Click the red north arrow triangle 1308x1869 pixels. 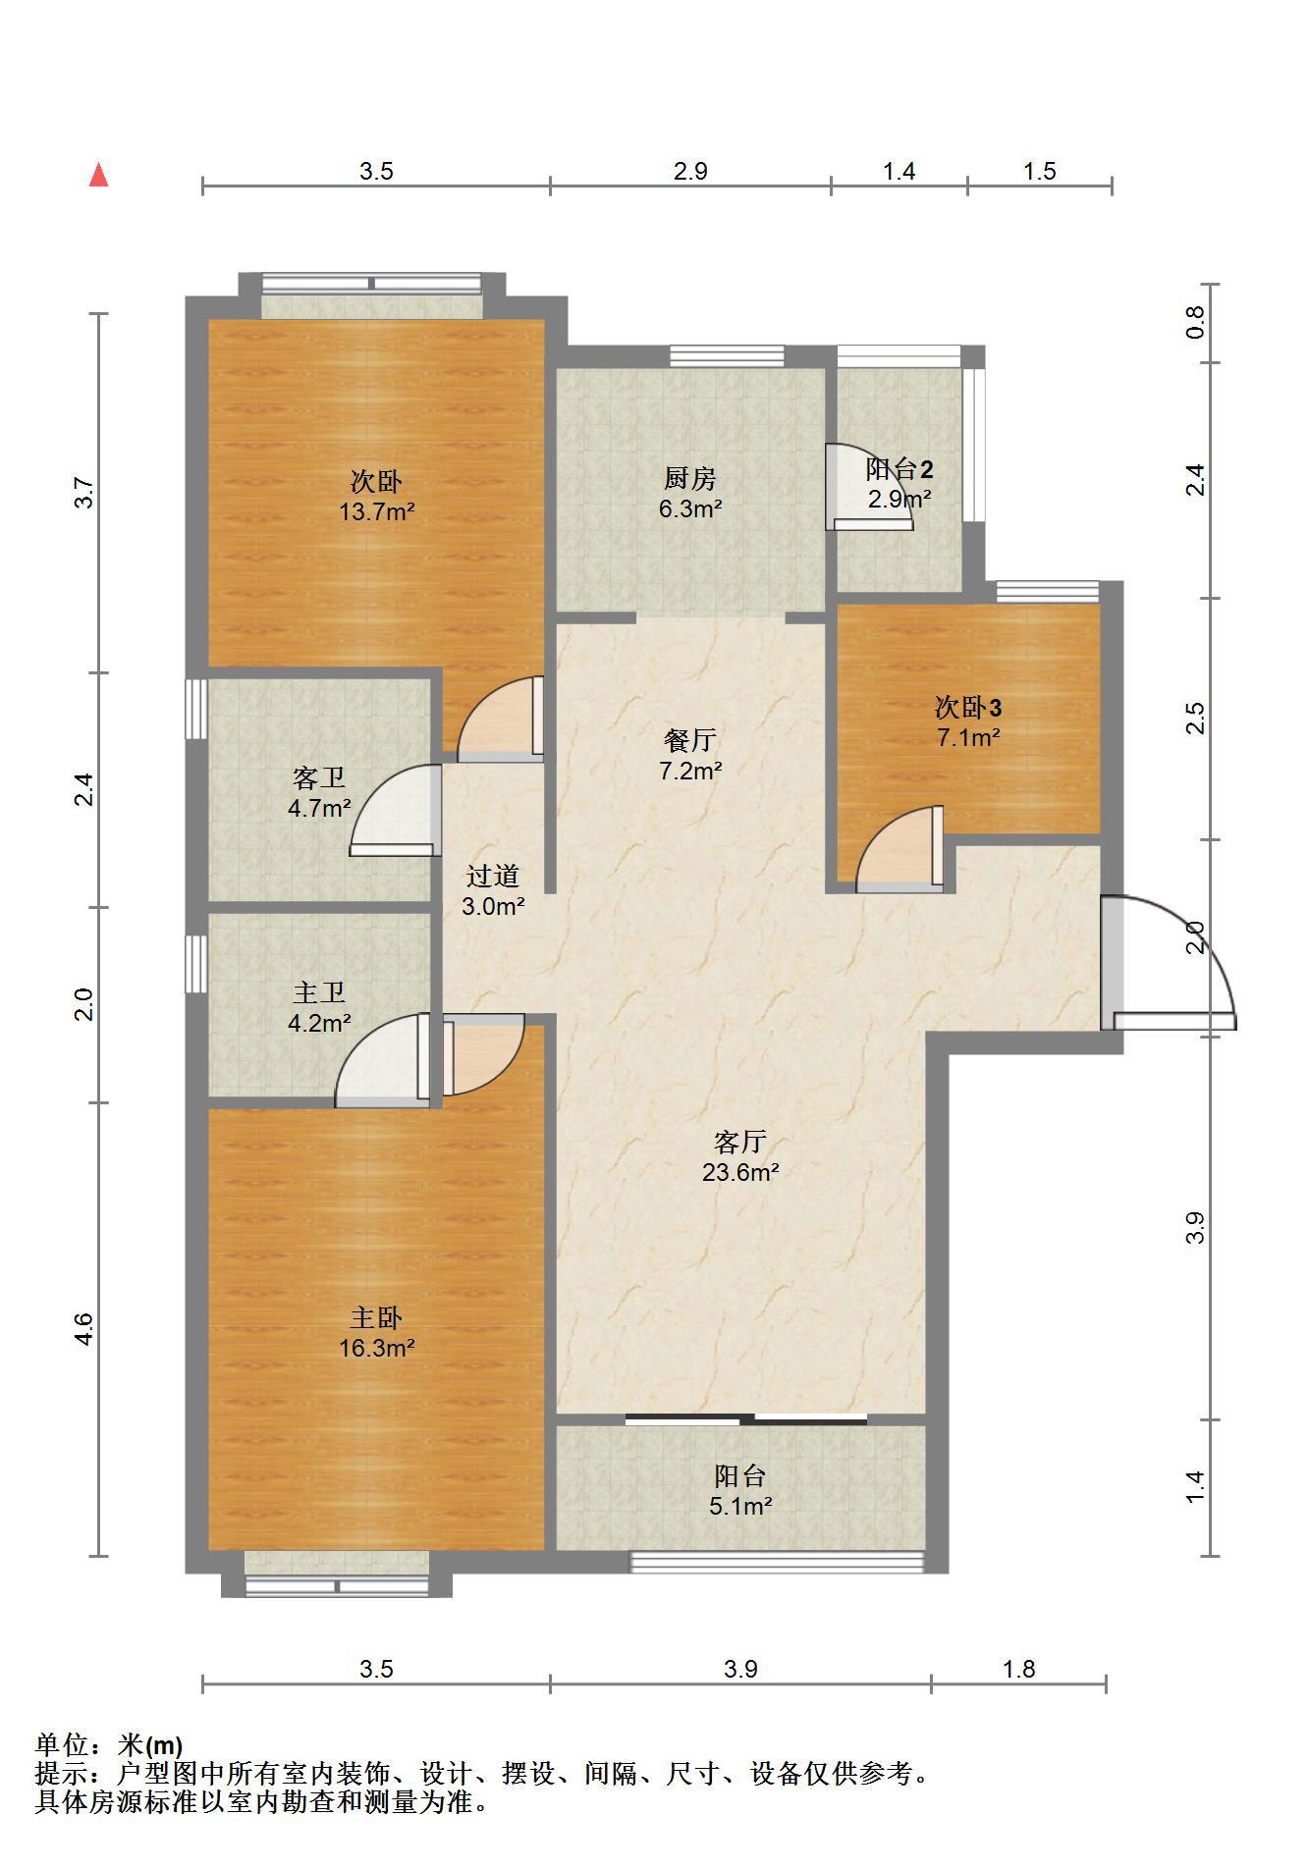(98, 175)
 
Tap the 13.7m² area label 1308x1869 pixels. (377, 511)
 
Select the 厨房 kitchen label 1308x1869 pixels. (690, 479)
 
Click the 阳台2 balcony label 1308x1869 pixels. (899, 468)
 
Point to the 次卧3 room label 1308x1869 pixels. (968, 707)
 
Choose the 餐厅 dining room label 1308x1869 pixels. (690, 739)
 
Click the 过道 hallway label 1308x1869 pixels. (492, 876)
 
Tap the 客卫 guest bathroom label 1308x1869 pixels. (319, 778)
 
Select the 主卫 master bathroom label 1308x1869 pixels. (319, 992)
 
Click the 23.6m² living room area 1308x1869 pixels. (740, 1172)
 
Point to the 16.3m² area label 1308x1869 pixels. (377, 1348)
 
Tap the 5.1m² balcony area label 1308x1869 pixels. (740, 1506)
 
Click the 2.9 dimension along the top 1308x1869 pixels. (690, 172)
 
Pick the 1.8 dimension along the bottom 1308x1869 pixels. (1019, 1669)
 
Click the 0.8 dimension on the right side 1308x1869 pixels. (1194, 323)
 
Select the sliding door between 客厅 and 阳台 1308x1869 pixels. (746, 1418)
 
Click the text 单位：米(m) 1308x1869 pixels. (109, 1744)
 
